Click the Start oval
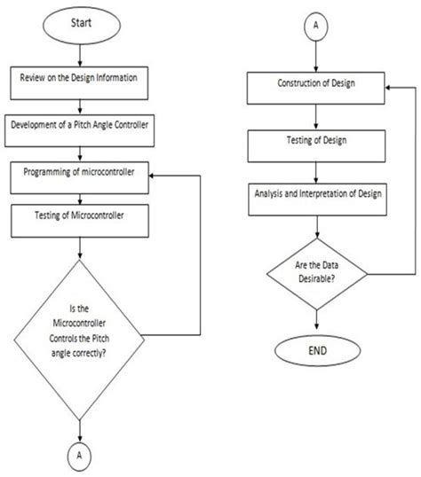82,26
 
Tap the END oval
317,351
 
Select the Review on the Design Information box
79,83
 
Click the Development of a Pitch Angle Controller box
79,130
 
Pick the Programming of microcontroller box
80,178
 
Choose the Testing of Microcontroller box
80,221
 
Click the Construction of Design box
316,89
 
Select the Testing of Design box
316,146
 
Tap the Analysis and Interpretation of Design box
317,199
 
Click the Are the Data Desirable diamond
317,274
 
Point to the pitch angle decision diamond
79,340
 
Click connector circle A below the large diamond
79,456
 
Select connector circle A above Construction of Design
316,27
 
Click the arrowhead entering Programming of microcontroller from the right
151,176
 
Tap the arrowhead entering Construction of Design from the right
388,88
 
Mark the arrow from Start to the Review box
80,56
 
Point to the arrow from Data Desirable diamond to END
316,320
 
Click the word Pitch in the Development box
83,125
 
